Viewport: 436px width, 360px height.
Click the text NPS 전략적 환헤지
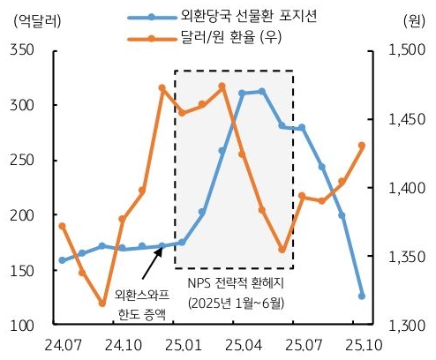[x=235, y=284]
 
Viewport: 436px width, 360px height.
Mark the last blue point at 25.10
[x=362, y=296]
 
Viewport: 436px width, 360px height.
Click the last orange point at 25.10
[x=362, y=146]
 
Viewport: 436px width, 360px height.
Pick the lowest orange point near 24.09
[x=102, y=304]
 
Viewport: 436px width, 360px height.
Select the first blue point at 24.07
[x=62, y=260]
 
